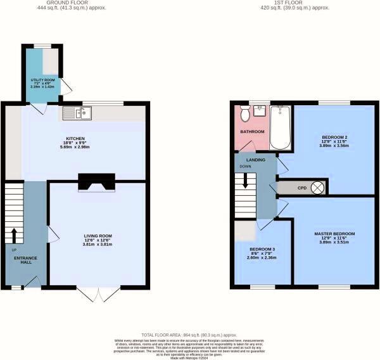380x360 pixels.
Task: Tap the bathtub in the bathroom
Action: click(x=279, y=127)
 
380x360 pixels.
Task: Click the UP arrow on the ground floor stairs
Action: click(x=13, y=235)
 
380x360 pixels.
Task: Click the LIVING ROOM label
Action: click(x=98, y=236)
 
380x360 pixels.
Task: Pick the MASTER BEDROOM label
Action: click(x=334, y=234)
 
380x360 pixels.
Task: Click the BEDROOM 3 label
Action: click(x=262, y=249)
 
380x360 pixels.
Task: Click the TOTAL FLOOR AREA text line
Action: click(x=190, y=333)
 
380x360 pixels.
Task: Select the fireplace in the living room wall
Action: click(x=96, y=181)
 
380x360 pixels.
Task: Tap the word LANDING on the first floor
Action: click(x=256, y=160)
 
